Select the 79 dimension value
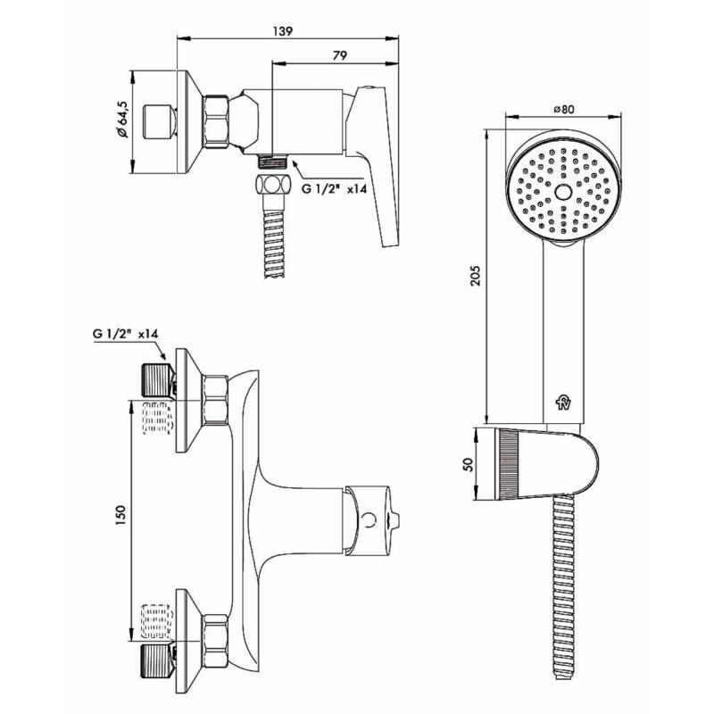338,56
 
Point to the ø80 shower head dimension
563,109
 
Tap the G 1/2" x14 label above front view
125,334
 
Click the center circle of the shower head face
562,192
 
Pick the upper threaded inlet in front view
157,378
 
